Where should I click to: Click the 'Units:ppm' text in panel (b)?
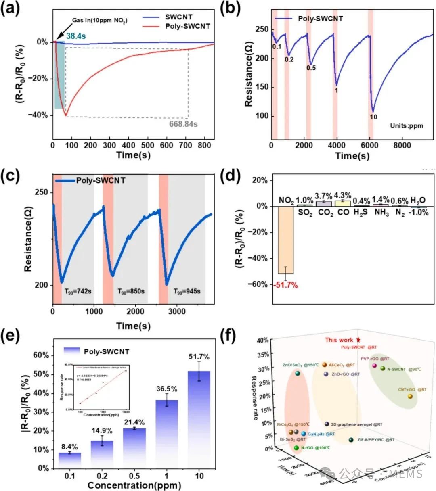click(x=407, y=125)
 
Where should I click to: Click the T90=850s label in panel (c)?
click(x=131, y=291)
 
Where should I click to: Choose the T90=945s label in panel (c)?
click(x=187, y=291)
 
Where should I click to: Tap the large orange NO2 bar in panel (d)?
click(x=285, y=240)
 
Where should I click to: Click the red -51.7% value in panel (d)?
click(x=285, y=286)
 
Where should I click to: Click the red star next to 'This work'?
click(x=358, y=340)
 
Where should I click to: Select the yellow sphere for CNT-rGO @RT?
click(x=410, y=396)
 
